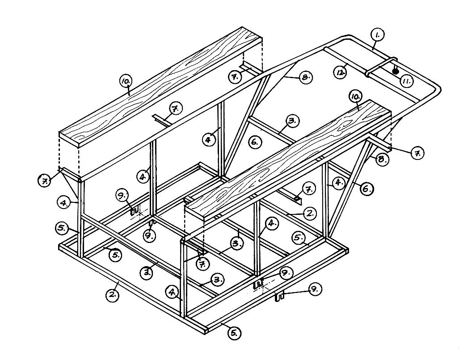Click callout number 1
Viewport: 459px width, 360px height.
pyautogui.click(x=378, y=35)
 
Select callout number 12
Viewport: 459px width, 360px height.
pyautogui.click(x=340, y=72)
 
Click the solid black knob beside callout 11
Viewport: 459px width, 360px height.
pyautogui.click(x=396, y=71)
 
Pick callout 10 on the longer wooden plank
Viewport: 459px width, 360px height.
pyautogui.click(x=126, y=82)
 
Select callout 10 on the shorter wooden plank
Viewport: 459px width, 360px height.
pyautogui.click(x=355, y=97)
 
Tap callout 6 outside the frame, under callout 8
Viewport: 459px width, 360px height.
pyautogui.click(x=367, y=189)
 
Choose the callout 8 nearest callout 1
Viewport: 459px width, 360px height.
pyautogui.click(x=306, y=78)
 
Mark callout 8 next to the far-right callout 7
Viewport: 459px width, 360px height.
pyautogui.click(x=382, y=159)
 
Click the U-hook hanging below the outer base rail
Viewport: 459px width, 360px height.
pyautogui.click(x=280, y=297)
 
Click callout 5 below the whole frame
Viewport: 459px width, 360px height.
pyautogui.click(x=234, y=333)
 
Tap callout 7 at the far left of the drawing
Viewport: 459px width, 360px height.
pyautogui.click(x=45, y=181)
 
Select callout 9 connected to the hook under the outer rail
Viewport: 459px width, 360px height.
pyautogui.click(x=315, y=289)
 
